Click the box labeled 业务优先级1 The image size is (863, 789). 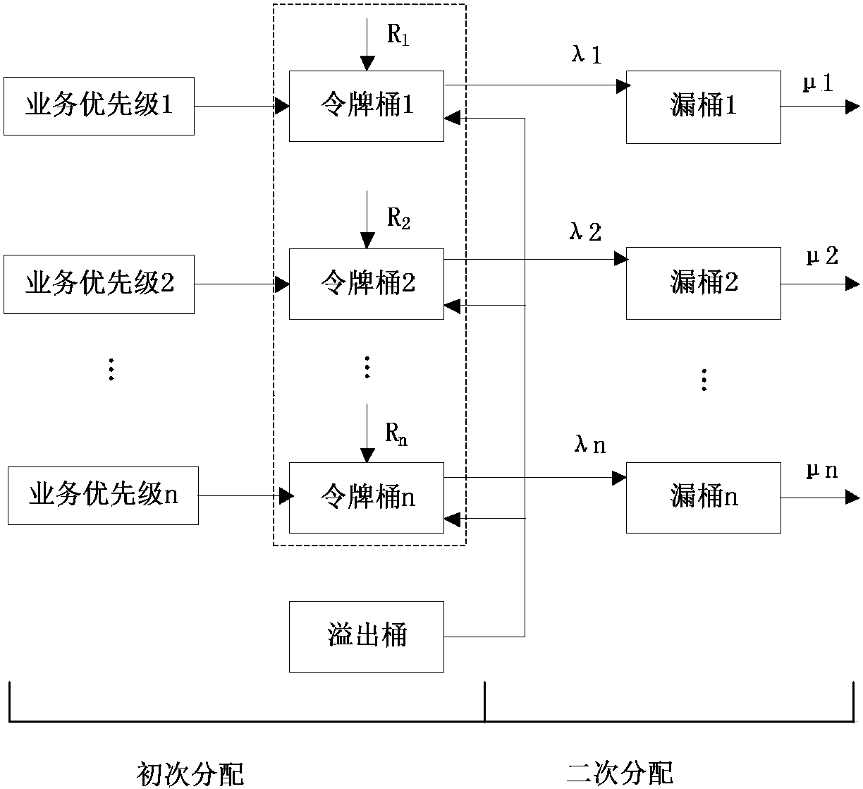coord(99,106)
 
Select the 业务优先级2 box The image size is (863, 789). coord(99,284)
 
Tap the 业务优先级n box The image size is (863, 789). coord(103,495)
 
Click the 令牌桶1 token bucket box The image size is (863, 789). coord(367,106)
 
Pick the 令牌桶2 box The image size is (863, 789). coord(367,284)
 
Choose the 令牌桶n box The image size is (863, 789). coord(367,498)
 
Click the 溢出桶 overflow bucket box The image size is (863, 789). coord(367,636)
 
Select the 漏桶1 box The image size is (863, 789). coord(703,107)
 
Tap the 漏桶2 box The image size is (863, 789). coord(703,283)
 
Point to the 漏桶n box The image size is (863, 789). coord(703,498)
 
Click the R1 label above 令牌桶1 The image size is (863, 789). coord(398,35)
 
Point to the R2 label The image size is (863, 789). coord(398,218)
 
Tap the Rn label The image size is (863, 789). coord(396,435)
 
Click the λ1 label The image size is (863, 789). coord(586,55)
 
